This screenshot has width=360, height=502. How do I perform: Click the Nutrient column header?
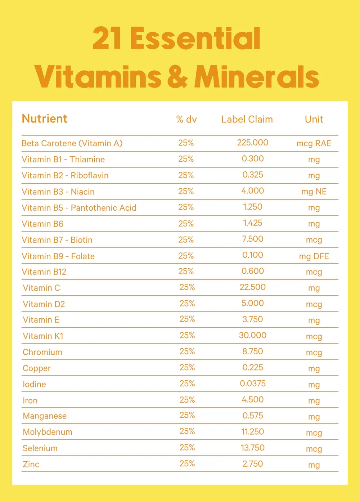coord(44,118)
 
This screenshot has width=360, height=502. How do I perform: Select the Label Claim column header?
coord(247,119)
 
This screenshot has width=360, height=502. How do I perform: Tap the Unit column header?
coord(314,119)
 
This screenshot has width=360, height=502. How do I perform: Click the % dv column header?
coord(186,119)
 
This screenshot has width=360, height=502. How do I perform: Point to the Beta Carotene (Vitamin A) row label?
coord(72,143)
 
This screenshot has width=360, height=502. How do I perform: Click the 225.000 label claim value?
coord(253,143)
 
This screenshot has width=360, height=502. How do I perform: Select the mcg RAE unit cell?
coord(314,143)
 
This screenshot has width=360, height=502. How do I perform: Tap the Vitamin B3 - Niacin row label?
coord(58,192)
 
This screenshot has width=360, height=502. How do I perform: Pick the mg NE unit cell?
coord(314,192)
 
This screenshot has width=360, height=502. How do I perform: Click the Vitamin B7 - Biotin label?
coord(57,240)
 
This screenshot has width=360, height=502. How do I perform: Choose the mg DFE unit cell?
coord(314,256)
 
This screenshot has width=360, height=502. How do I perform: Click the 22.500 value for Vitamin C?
coord(253,287)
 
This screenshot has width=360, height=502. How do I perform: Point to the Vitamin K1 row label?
coord(43,336)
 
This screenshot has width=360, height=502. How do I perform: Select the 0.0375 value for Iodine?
coord(253,384)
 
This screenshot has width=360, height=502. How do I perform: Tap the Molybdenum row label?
coord(48,432)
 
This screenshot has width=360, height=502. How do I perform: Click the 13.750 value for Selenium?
coord(253,448)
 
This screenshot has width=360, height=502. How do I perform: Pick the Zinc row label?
coord(31,464)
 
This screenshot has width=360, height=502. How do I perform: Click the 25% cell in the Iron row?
coord(187,400)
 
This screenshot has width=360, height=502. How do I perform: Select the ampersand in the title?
coord(177,76)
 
